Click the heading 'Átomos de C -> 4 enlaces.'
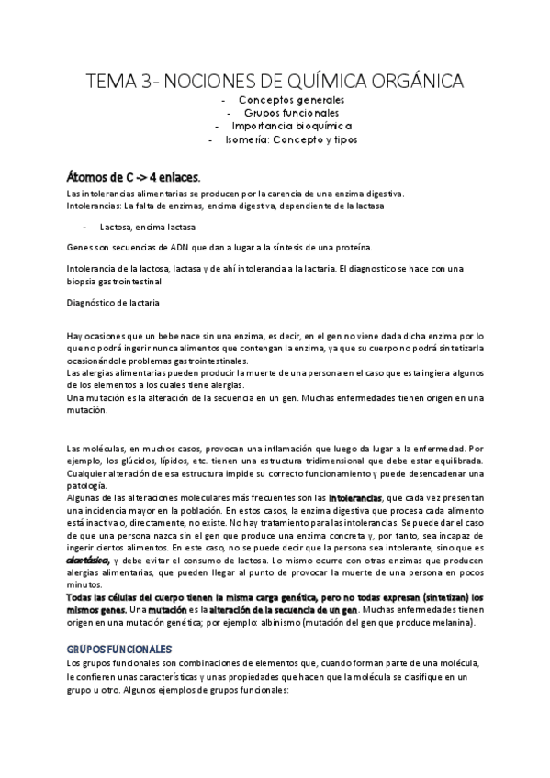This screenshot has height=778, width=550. (133, 176)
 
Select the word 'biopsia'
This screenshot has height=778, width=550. (84, 281)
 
